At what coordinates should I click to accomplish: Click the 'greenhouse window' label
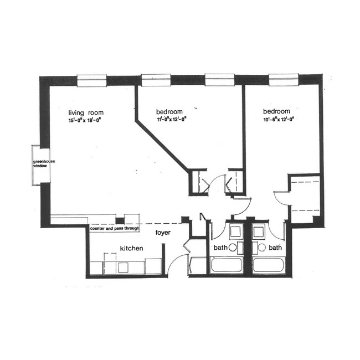[39, 163]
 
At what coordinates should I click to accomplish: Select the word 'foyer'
[163, 233]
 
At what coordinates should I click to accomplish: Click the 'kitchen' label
[132, 249]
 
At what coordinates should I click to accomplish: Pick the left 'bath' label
[219, 248]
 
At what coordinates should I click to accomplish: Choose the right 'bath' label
[275, 248]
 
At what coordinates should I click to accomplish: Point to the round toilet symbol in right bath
[261, 248]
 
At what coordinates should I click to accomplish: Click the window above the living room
[91, 81]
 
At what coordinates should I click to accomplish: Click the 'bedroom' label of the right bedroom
[277, 110]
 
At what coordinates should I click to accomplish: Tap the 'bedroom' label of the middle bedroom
[169, 110]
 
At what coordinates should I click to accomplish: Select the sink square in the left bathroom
[235, 231]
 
